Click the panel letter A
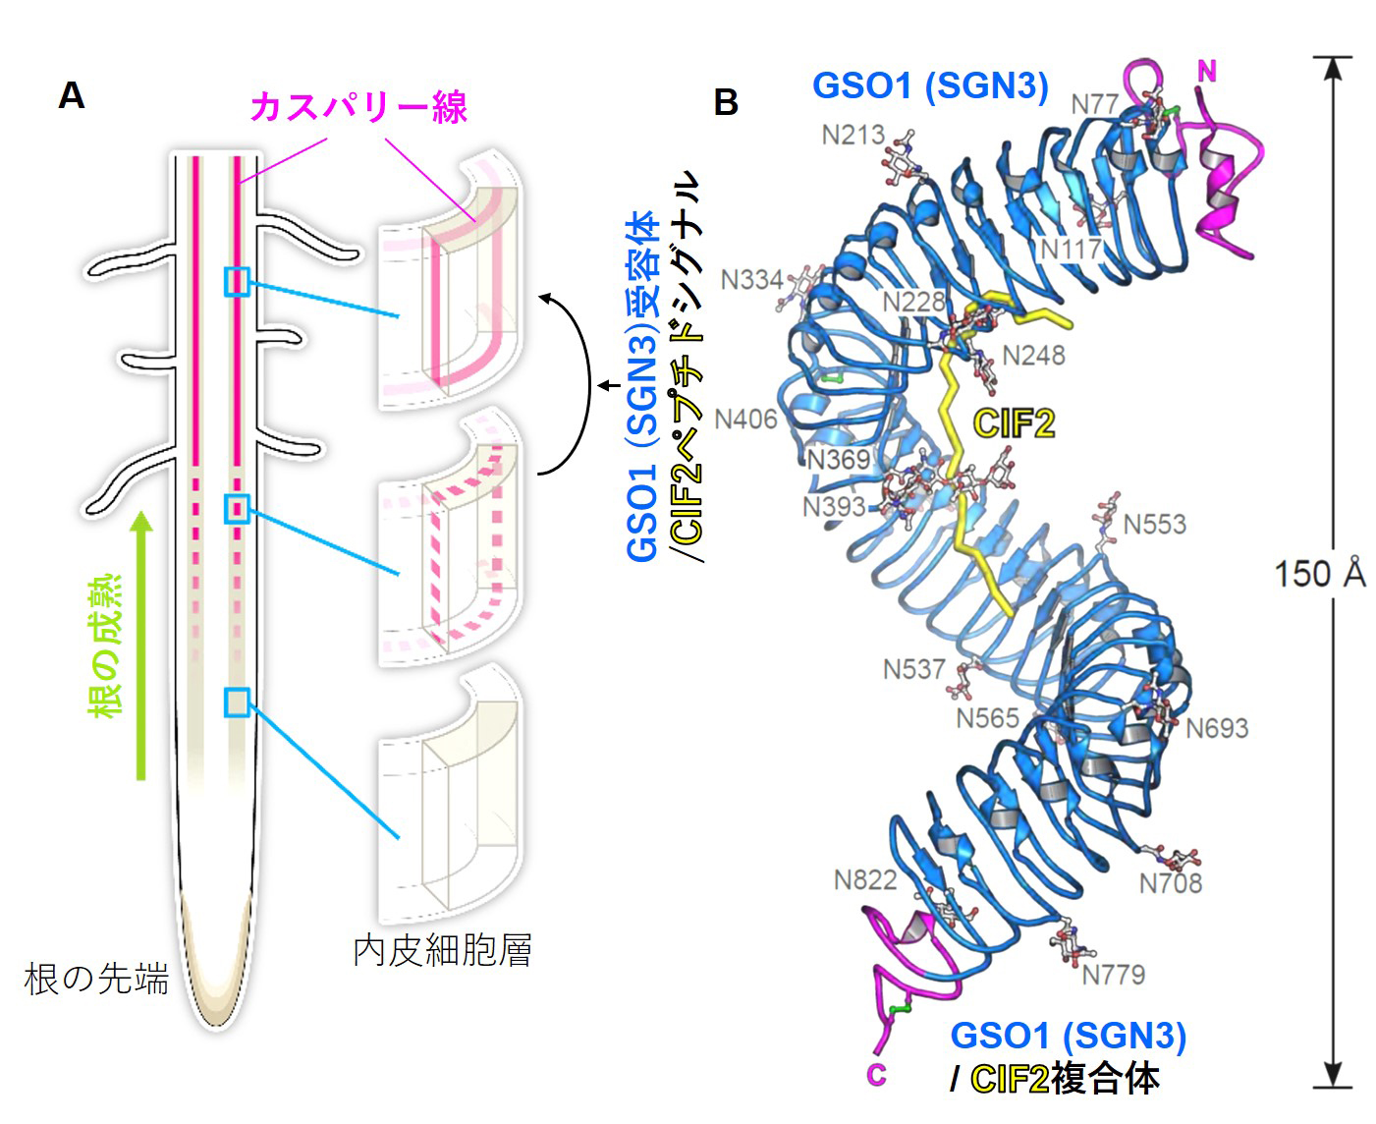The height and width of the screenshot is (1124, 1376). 72,95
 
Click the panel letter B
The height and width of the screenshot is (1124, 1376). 726,102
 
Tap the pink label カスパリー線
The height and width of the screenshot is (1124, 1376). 358,106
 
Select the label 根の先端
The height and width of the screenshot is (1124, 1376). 96,979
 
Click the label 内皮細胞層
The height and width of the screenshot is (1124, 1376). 442,950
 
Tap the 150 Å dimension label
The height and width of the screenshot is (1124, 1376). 1319,573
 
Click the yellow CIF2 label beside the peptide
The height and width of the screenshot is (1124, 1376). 1014,423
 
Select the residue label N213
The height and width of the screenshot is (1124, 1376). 853,135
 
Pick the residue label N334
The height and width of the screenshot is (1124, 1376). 751,280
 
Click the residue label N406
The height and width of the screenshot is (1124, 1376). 745,420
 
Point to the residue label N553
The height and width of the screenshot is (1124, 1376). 1154,524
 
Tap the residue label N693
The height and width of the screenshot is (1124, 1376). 1217,728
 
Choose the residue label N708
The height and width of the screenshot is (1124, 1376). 1171,883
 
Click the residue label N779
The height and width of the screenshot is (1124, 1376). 1114,974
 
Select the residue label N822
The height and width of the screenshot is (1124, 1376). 865,879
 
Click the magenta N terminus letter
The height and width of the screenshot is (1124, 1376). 1207,71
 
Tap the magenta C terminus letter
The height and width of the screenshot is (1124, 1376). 876,1075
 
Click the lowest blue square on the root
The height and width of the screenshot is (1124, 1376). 237,702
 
